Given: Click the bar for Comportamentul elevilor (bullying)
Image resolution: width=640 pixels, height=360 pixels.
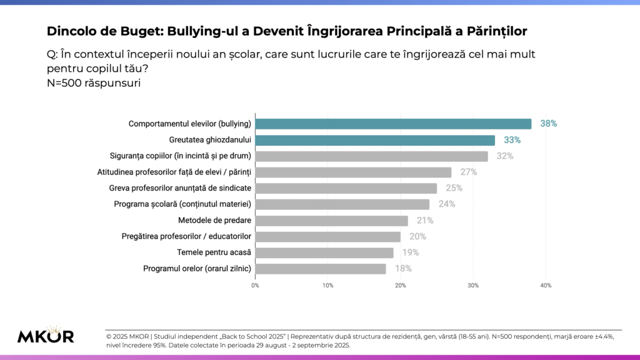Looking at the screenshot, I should pos(393,124).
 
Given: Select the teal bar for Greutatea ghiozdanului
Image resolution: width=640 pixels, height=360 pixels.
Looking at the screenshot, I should pos(375,140).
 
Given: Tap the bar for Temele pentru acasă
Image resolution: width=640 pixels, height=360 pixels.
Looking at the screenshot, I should pos(324,252).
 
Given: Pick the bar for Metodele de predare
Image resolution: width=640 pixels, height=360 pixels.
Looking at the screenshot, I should pos(331,221).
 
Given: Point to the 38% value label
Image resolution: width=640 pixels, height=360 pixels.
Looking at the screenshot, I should pos(549,124).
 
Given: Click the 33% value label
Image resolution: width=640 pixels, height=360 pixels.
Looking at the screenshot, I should pos(512,140).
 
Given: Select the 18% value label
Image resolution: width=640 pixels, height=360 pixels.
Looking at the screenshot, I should pos(404,269).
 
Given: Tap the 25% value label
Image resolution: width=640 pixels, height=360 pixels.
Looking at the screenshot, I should pos(454,188).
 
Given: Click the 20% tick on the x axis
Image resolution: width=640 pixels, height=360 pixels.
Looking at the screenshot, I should pos(401,286).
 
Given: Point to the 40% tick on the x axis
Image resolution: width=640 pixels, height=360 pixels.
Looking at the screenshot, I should pos(546,286).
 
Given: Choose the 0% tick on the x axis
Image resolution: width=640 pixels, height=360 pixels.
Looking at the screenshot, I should pos(255,286).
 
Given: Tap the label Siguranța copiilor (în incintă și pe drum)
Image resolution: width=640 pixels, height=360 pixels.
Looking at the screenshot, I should pos(180,156).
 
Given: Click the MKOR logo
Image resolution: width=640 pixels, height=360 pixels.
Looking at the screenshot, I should pos(46,335).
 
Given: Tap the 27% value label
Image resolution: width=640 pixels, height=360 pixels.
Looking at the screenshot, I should pos(469,172).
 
